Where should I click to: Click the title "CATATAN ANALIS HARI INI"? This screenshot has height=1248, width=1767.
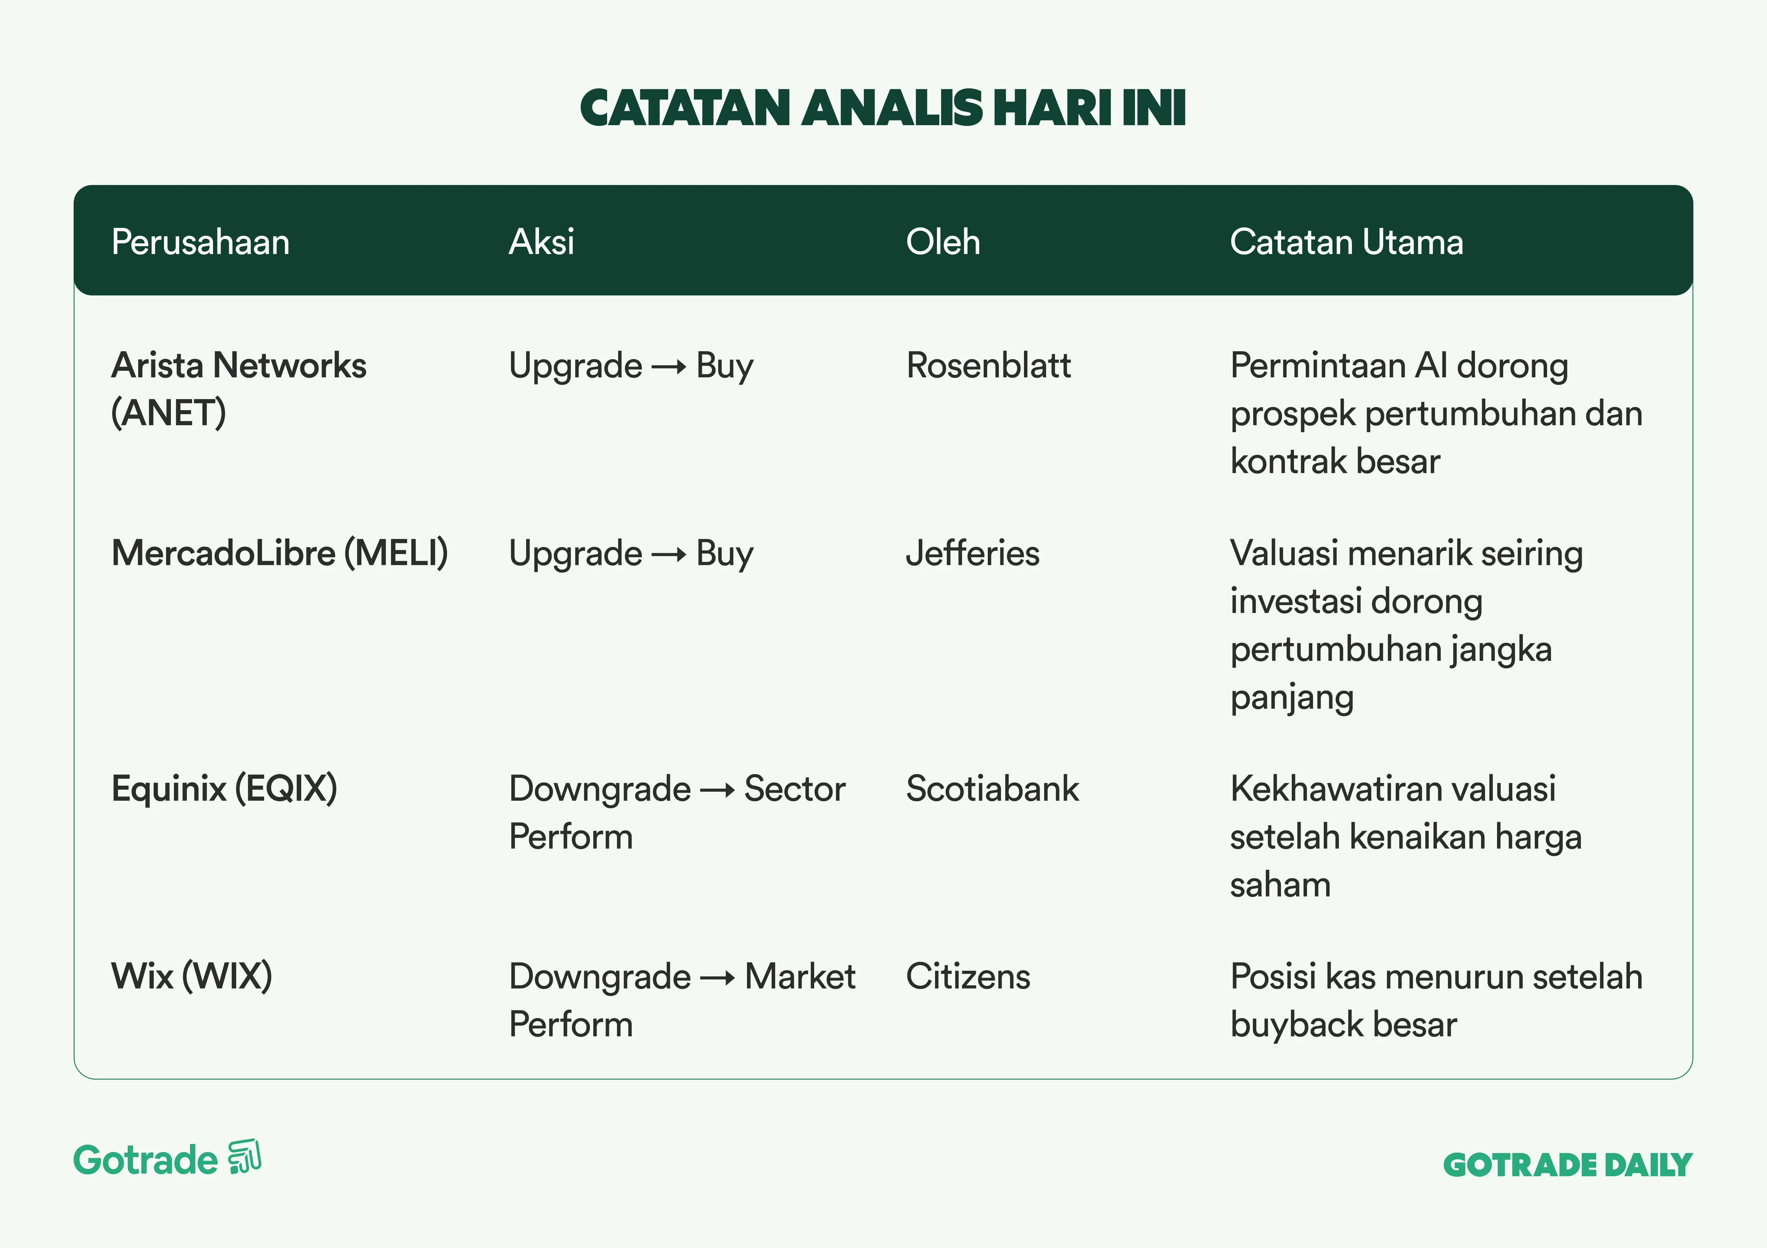click(883, 108)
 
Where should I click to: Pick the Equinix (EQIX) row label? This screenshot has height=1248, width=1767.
click(224, 789)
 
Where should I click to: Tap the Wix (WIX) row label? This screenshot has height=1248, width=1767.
click(192, 976)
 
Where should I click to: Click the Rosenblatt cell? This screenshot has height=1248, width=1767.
click(988, 365)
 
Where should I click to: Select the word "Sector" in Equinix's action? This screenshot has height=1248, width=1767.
click(795, 789)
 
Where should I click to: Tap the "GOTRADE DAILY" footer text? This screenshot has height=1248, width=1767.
click(1568, 1165)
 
